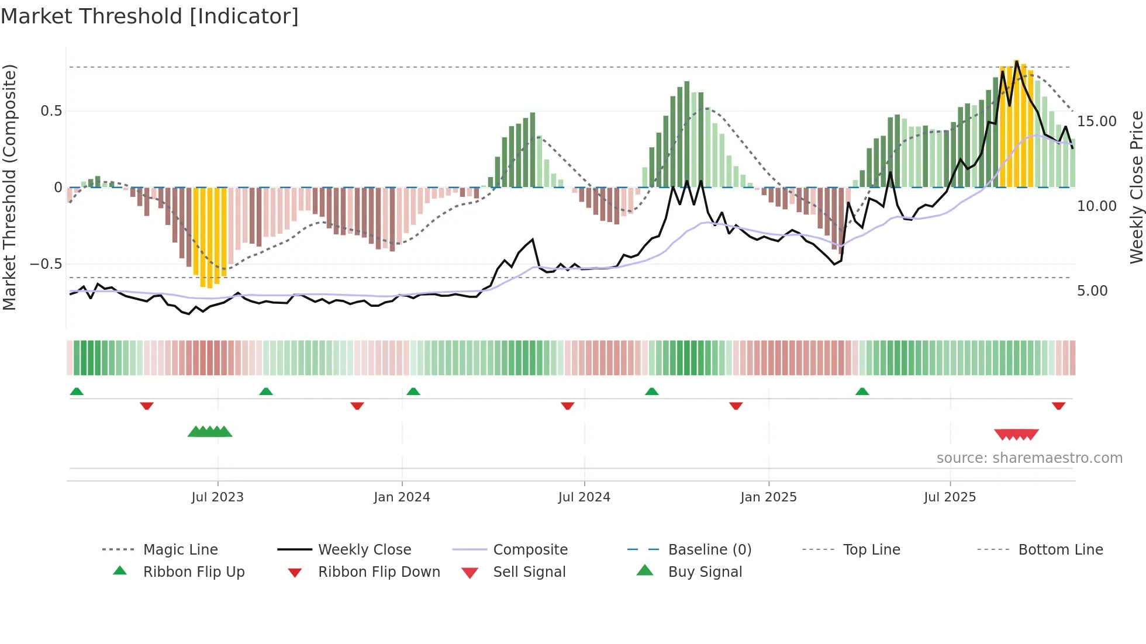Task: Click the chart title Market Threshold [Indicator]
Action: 150,16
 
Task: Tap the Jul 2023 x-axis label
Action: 217,497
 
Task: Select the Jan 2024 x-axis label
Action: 402,497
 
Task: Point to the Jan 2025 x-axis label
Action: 768,497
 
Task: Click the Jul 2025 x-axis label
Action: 950,497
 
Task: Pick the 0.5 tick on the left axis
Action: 51,111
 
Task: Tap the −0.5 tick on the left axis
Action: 46,264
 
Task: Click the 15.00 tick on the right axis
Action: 1096,122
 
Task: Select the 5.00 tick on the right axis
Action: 1092,291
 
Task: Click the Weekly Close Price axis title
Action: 1136,187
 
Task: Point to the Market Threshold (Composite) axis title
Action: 9,187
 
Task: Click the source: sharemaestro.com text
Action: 1029,458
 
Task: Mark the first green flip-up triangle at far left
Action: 77,392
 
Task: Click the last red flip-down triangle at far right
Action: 1058,406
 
